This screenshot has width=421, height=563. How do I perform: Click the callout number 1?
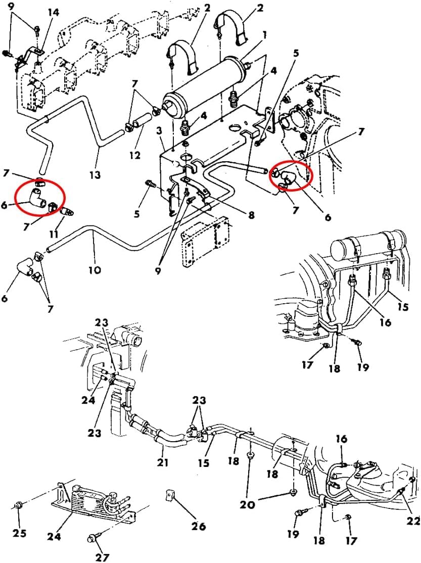coord(265,35)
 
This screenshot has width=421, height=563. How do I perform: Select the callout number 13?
coord(95,175)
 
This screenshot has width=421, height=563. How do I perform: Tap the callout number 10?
coord(95,269)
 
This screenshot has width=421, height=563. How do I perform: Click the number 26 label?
coord(198,527)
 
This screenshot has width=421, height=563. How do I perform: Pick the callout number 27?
coord(102,557)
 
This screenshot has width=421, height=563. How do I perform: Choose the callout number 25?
coord(20,533)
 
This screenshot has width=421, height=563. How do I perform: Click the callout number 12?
coord(135,155)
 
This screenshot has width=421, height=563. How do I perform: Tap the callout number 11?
coord(54,234)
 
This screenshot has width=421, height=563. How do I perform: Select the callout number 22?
coord(413,521)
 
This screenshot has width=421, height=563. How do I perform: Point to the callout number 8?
coord(251,215)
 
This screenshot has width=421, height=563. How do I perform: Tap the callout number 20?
coord(248,504)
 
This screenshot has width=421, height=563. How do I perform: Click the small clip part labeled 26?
coord(170,495)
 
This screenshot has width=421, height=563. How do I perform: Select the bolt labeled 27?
coord(91,539)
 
